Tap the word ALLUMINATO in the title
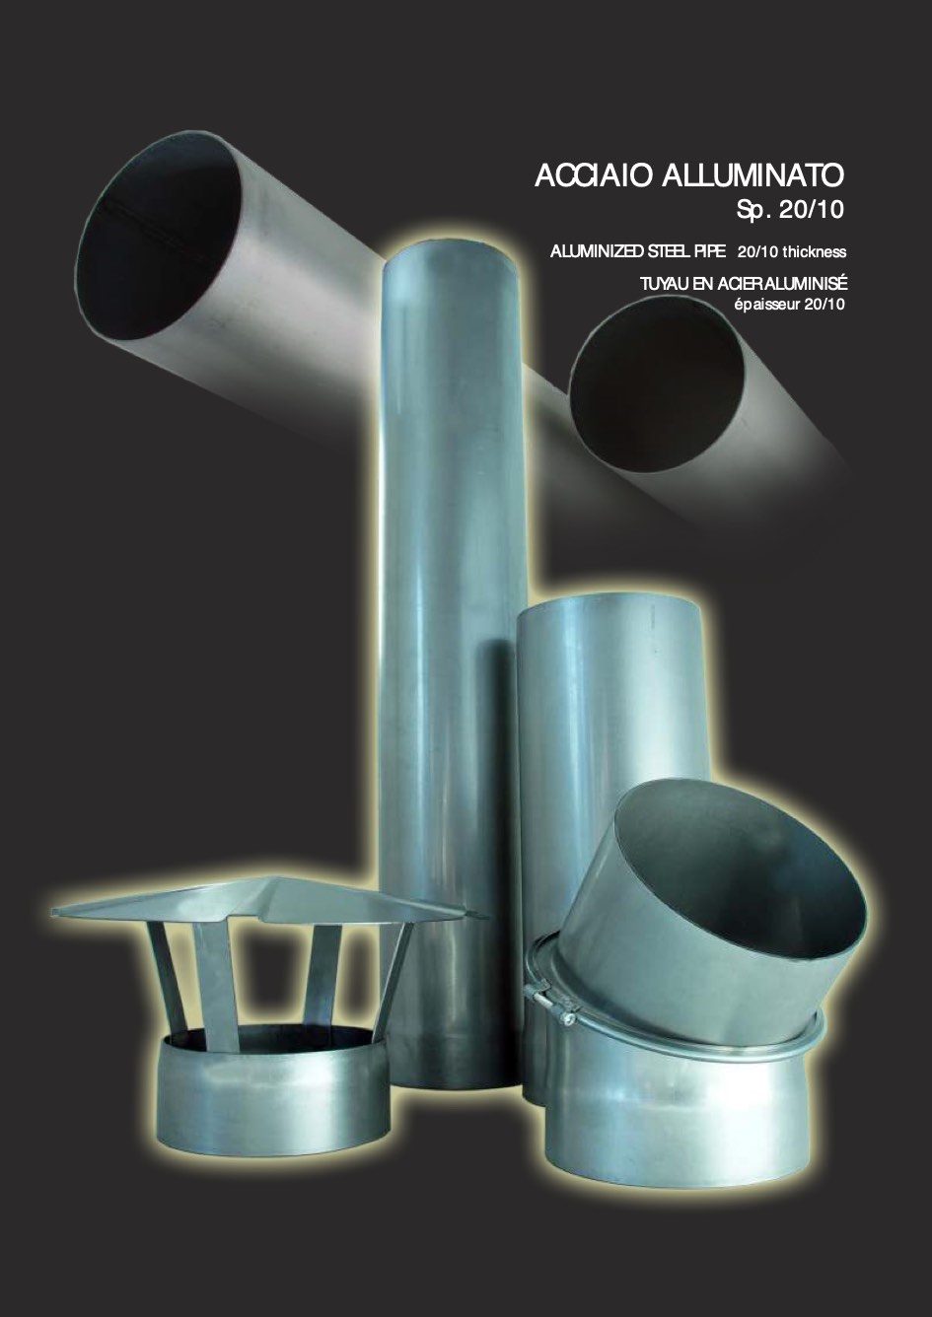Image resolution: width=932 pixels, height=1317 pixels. (753, 175)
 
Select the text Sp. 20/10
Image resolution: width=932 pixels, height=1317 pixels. (790, 210)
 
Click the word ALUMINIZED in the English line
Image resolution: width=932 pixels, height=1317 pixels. (597, 252)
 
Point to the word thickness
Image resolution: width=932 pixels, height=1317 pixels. (815, 252)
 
